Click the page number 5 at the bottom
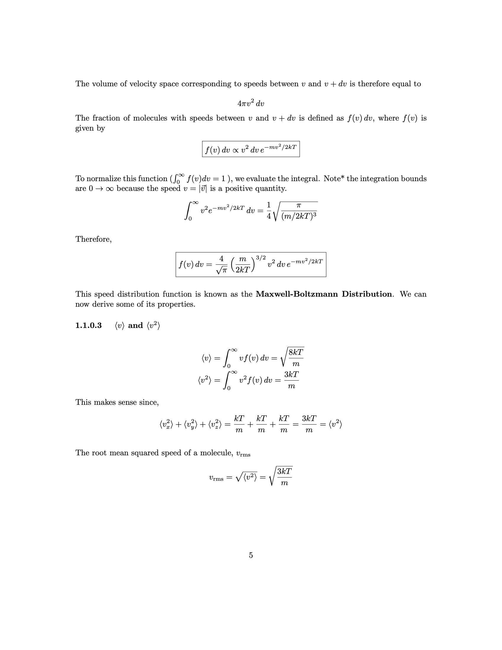pos(251,555)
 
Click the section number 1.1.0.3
pos(88,325)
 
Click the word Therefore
pos(93,239)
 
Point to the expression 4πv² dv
pos(251,103)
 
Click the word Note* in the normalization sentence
pos(334,178)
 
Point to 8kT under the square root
pos(296,352)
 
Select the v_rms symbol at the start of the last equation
pos(216,478)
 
